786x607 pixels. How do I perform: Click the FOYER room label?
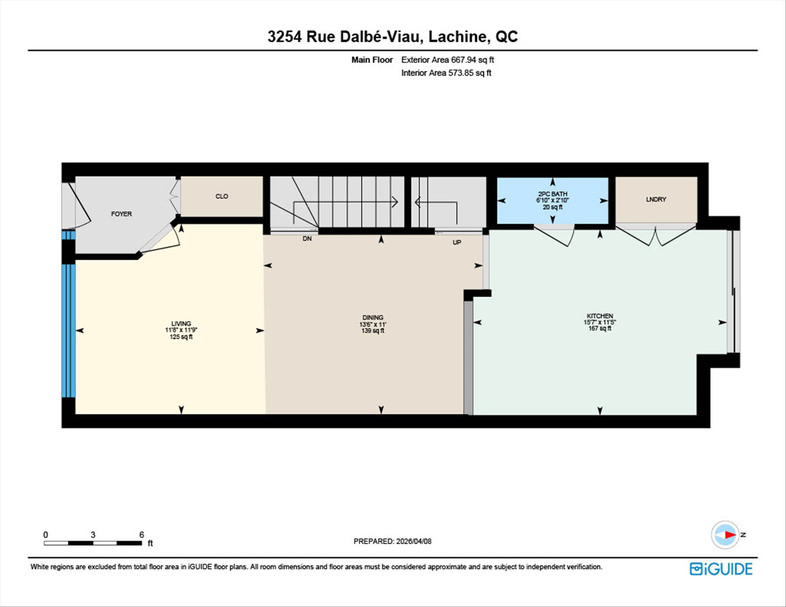122,214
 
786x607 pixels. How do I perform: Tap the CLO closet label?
222,196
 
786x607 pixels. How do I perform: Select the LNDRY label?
656,199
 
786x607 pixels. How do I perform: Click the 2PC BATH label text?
553,194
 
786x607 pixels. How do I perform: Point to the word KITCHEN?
600,316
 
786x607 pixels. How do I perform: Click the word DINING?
373,317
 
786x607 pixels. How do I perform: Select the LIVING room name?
181,323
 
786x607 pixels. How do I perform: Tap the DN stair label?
307,238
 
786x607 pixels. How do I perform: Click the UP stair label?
457,242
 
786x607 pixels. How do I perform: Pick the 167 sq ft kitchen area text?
600,328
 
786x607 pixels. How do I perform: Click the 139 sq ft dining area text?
373,331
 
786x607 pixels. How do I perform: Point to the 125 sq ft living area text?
181,337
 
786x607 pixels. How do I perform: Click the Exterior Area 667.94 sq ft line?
447,60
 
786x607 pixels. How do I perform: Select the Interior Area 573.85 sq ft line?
446,73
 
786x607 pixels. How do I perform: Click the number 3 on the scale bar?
93,535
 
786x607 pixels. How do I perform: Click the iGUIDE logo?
721,569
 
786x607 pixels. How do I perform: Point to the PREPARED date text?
393,541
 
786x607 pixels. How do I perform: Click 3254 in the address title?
285,36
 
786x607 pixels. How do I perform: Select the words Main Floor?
372,60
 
